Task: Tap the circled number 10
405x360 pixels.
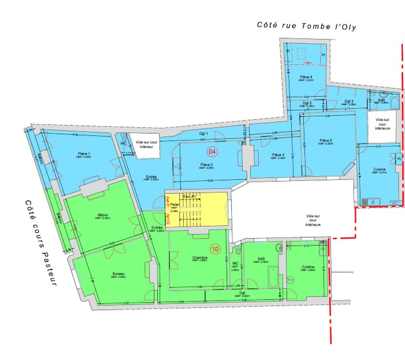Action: (x=215, y=249)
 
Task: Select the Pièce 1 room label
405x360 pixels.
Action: (x=84, y=154)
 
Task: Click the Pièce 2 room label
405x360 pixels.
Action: (x=206, y=164)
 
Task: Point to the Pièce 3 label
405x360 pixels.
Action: (x=278, y=155)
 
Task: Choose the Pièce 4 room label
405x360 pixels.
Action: (x=306, y=77)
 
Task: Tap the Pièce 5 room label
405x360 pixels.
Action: (x=326, y=141)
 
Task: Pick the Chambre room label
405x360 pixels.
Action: (x=200, y=258)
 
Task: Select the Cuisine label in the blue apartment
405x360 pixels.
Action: (x=379, y=170)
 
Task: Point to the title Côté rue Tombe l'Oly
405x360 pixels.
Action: (x=306, y=26)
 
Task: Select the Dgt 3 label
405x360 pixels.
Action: (x=349, y=101)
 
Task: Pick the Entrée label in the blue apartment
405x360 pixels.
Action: (x=151, y=177)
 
